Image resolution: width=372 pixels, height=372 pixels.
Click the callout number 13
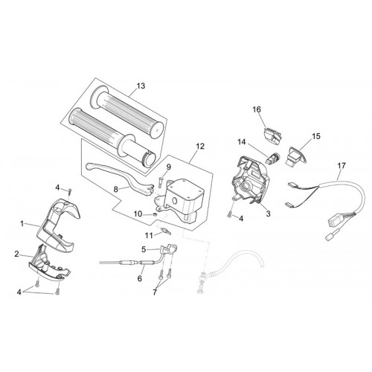[x=141, y=86]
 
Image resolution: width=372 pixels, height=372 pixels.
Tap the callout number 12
[x=200, y=147]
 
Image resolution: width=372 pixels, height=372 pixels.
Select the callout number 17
[x=341, y=166]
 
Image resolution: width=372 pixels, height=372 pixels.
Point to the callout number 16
[x=257, y=109]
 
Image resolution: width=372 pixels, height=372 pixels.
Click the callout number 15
[x=316, y=136]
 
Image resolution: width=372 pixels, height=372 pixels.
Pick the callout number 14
[x=242, y=142]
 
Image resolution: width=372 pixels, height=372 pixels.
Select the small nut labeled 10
[x=154, y=214]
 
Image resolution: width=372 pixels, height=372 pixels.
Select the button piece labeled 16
[x=272, y=135]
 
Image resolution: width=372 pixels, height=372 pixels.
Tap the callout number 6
[x=140, y=278]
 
